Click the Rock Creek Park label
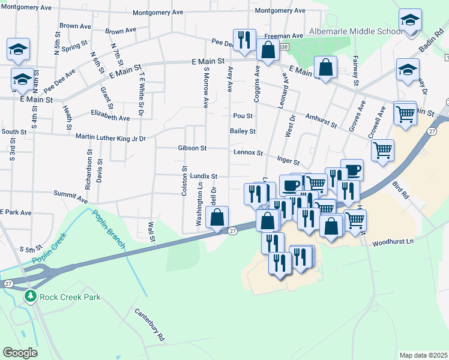pyautogui.click(x=70, y=297)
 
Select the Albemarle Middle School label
pyautogui.click(x=356, y=31)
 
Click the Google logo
pyautogui.click(x=20, y=353)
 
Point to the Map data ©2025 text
pyautogui.click(x=423, y=355)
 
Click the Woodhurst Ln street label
pyautogui.click(x=393, y=243)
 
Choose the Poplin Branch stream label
pyautogui.click(x=108, y=229)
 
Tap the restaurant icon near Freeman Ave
pyautogui.click(x=244, y=40)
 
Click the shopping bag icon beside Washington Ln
pyautogui.click(x=218, y=218)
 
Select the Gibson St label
pyautogui.click(x=192, y=148)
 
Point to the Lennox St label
pyautogui.click(x=247, y=153)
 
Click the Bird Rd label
pyautogui.click(x=400, y=190)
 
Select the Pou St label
pyautogui.click(x=243, y=116)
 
